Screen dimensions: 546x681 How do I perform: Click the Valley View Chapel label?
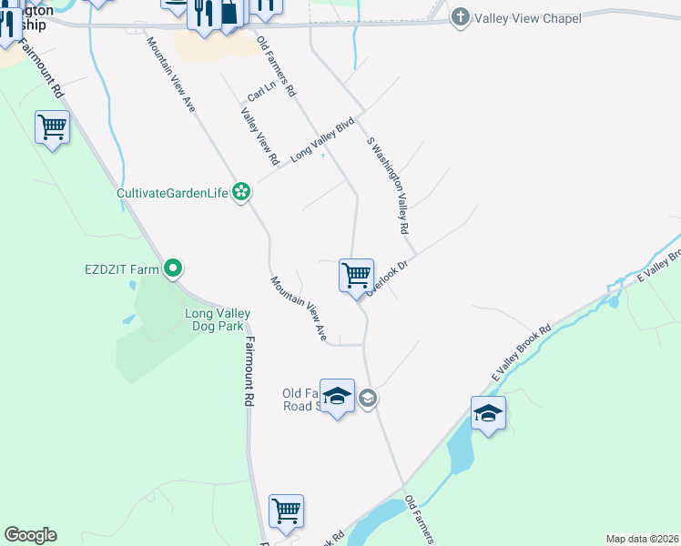[523, 17]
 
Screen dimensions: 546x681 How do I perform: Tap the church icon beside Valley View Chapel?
[461, 17]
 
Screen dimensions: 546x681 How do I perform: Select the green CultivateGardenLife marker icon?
[241, 192]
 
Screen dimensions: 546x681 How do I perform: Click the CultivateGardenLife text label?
[173, 193]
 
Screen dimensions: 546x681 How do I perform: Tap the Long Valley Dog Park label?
[218, 320]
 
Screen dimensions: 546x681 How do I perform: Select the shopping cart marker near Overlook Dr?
[356, 274]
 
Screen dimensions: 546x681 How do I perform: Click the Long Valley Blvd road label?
[321, 140]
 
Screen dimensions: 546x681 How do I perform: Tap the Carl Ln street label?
[261, 92]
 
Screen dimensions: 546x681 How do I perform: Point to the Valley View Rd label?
[259, 137]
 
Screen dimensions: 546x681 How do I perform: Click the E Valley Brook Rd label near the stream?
[522, 354]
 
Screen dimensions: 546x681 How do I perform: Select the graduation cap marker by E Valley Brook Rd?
[489, 413]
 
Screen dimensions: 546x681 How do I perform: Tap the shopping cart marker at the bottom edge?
[286, 511]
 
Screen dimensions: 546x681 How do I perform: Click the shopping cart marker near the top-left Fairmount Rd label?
[52, 128]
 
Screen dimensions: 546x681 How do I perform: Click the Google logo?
[30, 535]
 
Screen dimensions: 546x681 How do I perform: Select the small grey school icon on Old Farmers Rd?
[367, 398]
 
